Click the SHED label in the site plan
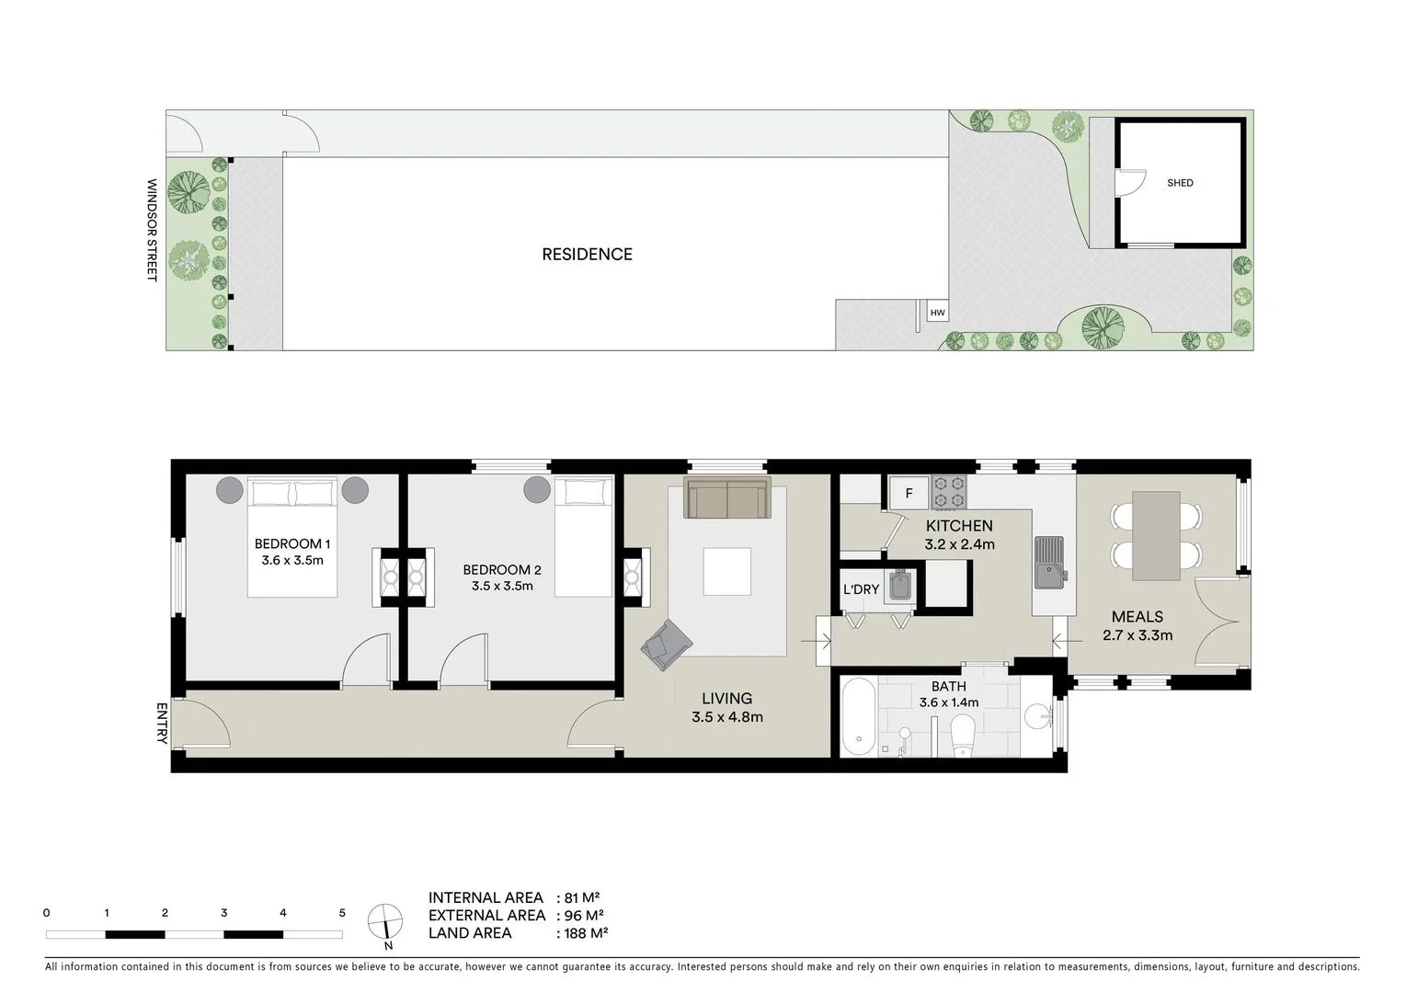pos(1180,183)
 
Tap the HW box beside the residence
pos(937,313)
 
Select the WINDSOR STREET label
pos(153,230)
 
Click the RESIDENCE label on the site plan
pos(587,255)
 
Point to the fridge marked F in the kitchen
pos(909,494)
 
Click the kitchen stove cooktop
pos(947,492)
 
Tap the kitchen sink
pos(1047,563)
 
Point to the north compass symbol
pos(384,920)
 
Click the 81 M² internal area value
pos(584,897)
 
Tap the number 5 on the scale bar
pos(342,913)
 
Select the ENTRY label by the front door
pos(163,724)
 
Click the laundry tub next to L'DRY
pos(899,586)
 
